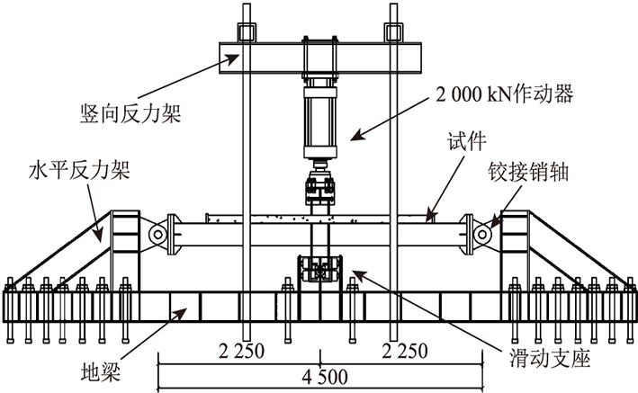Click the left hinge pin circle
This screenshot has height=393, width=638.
tap(158, 234)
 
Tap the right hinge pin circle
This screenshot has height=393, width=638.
tap(484, 234)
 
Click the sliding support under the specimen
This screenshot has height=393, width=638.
tap(321, 270)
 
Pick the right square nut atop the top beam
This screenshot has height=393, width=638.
tap(393, 33)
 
